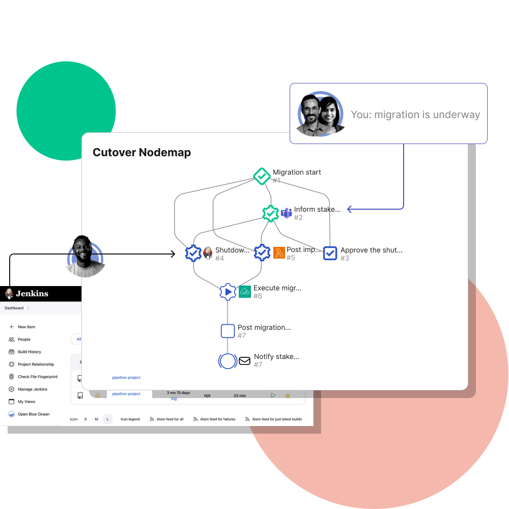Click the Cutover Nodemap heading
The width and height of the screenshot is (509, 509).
pyautogui.click(x=142, y=153)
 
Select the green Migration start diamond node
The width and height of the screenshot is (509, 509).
pyautogui.click(x=262, y=176)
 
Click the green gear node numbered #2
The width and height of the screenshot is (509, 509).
pyautogui.click(x=270, y=213)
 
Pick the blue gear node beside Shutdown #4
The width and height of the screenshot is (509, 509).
pyautogui.click(x=193, y=253)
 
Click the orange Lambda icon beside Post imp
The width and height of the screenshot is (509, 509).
pyautogui.click(x=279, y=252)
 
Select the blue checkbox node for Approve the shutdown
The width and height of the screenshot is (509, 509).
pyautogui.click(x=330, y=253)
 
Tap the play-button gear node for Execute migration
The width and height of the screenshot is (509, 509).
pyautogui.click(x=228, y=292)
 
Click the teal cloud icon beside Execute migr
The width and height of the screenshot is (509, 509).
pyautogui.click(x=245, y=292)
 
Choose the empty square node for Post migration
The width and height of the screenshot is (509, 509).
pyautogui.click(x=228, y=331)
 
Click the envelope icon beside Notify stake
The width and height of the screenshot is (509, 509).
pyautogui.click(x=245, y=361)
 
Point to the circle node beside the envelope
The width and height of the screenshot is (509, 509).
pyautogui.click(x=228, y=361)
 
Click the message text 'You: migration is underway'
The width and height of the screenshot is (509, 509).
pyautogui.click(x=415, y=115)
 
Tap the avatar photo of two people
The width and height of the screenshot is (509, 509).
pyautogui.click(x=320, y=115)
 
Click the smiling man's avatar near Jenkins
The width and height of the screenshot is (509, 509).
pyautogui.click(x=84, y=257)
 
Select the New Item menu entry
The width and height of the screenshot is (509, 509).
pyautogui.click(x=26, y=327)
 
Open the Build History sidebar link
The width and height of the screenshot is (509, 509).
pyautogui.click(x=30, y=352)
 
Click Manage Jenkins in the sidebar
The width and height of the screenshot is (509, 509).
pyautogui.click(x=33, y=389)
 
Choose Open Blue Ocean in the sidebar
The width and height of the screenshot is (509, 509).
pyautogui.click(x=34, y=414)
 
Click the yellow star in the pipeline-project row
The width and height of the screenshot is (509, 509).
pyautogui.click(x=288, y=395)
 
